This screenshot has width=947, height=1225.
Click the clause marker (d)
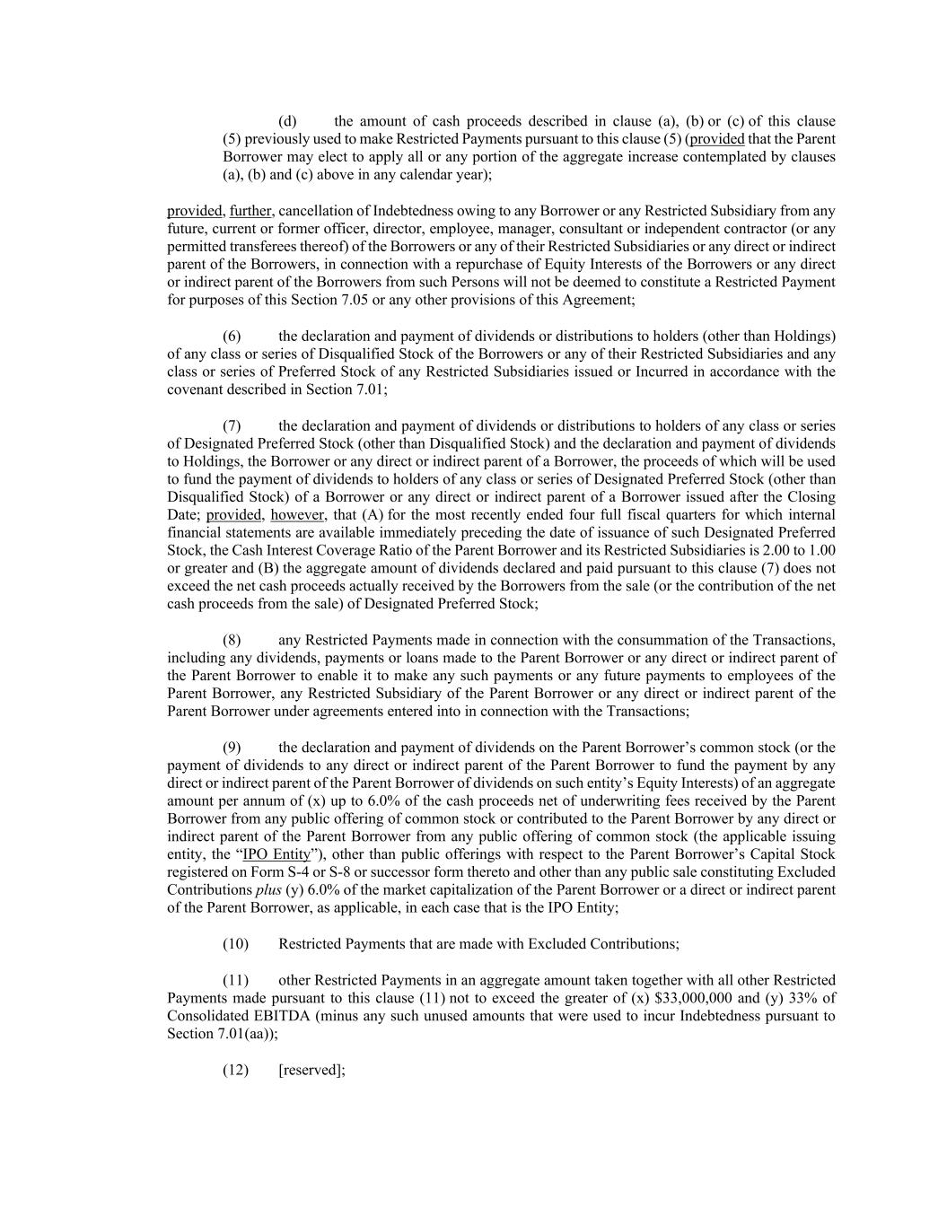[x=287, y=121]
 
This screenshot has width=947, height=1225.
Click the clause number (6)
[x=232, y=336]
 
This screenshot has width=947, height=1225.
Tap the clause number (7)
[x=232, y=425]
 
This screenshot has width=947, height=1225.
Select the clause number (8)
[x=232, y=640]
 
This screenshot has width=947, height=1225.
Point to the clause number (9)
[x=232, y=748]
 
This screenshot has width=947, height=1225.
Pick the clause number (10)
[x=235, y=944]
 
